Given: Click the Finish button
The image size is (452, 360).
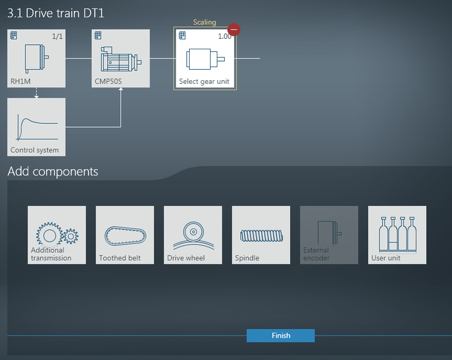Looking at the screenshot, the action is [280, 335].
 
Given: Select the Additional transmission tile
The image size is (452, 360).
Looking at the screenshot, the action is [57, 235].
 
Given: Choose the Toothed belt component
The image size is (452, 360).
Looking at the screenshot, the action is [125, 235].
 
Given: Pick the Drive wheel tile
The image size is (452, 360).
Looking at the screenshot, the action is [193, 235].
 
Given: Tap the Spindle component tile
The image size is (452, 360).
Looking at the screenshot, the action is [261, 235].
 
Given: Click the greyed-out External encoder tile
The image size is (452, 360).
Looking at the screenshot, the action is [329, 235].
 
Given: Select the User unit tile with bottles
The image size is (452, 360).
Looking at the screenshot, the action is [397, 235].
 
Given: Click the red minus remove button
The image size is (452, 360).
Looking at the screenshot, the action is [234, 30].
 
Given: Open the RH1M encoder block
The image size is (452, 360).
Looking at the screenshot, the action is [36, 59].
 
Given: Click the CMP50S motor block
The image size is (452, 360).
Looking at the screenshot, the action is [121, 59].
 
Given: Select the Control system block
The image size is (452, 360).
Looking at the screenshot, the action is [36, 127].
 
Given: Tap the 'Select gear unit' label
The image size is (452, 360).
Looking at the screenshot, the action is [204, 81].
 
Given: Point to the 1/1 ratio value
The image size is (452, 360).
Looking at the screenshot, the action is [57, 36].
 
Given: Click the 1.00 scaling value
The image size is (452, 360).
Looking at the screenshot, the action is [225, 36].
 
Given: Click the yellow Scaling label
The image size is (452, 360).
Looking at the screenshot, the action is [204, 22].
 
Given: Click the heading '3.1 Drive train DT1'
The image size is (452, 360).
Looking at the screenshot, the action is [55, 14].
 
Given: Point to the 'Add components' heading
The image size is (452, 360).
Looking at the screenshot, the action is [53, 171].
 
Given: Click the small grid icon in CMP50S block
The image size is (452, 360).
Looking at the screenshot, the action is [98, 36].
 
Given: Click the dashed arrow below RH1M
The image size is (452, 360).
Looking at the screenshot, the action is [36, 92].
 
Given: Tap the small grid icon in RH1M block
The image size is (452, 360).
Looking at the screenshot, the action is [14, 36].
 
